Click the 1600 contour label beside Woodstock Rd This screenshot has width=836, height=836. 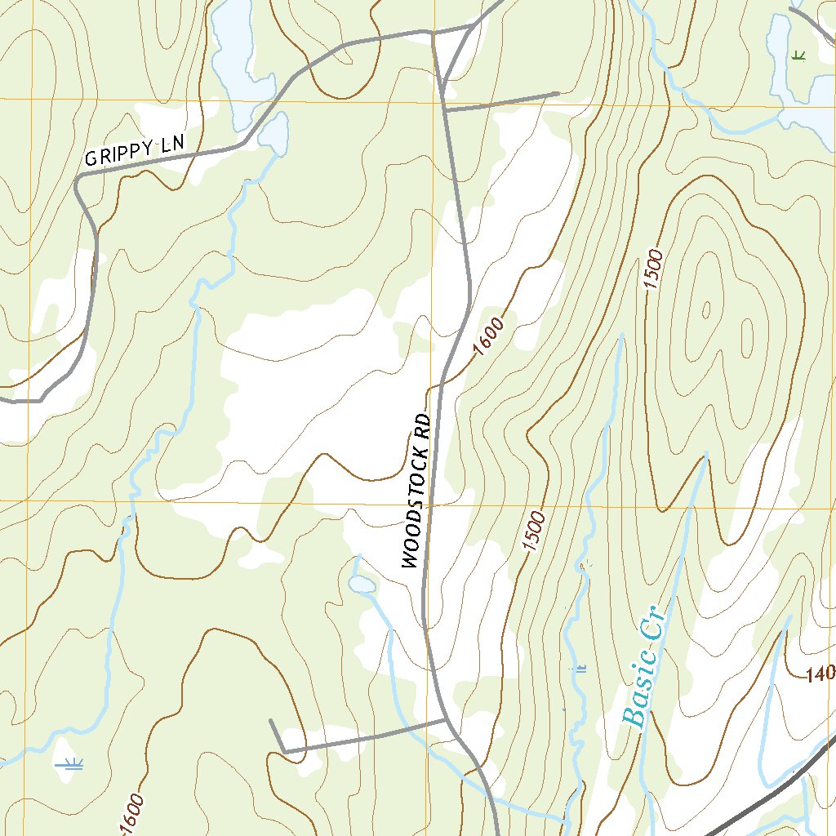488,336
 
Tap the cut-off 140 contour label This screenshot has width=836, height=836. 820,674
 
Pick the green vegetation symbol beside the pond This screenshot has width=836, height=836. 798,55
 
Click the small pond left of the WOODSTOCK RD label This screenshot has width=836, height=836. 362,585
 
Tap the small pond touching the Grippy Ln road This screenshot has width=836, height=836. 274,133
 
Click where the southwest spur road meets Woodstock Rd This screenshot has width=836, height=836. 445,721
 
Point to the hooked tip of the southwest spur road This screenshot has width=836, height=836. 271,721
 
